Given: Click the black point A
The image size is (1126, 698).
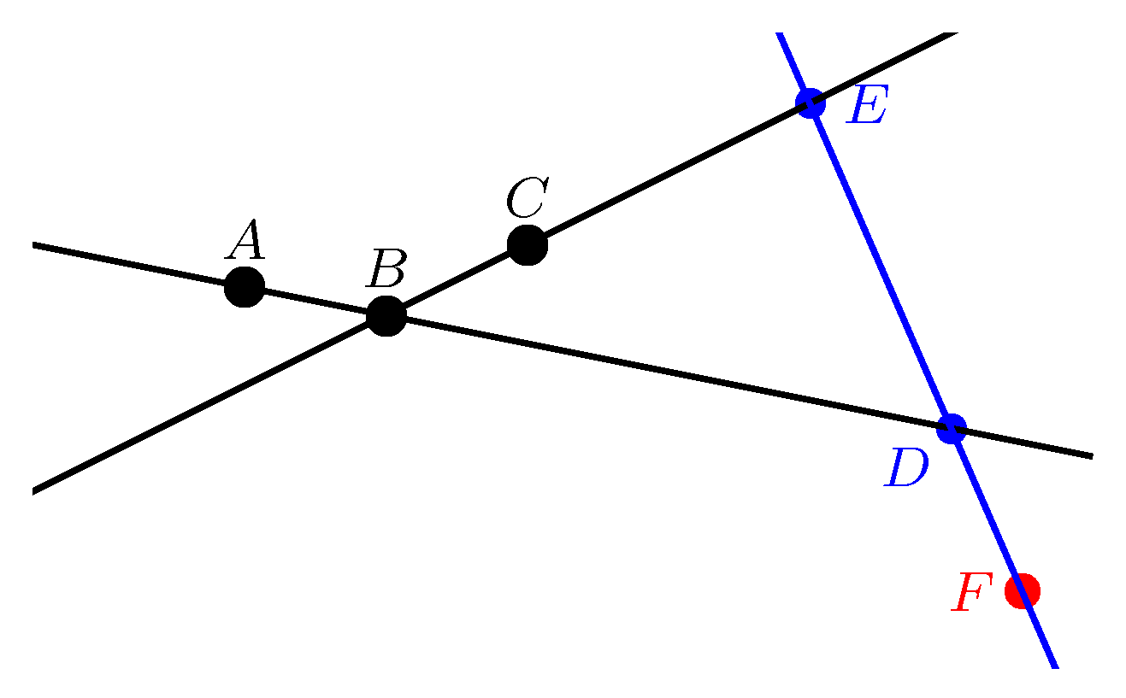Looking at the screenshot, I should pos(245,287).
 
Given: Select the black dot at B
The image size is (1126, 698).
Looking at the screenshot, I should pos(386,316).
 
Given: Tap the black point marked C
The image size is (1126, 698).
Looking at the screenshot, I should pos(527,246).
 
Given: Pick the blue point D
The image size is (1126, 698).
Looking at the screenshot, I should pos(951,427).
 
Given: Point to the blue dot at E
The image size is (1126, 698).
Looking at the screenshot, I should pos(810,103).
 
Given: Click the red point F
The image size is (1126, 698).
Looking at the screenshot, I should pos(1022,590).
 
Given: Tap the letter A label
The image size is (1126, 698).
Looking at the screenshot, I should pos(245,240).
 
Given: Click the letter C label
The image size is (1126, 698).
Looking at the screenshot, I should pos(527,199).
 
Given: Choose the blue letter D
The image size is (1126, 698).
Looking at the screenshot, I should pos(907,469).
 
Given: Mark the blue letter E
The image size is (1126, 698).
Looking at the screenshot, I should pos(867,108).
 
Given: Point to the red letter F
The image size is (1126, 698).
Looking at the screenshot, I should pos(972,593).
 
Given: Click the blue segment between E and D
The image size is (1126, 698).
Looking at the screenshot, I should pos(881,266).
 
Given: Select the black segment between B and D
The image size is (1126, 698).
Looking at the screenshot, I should pos(667,372).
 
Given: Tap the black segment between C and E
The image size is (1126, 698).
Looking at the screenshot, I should pos(667,175).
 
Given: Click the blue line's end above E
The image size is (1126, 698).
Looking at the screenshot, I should pos(780,34).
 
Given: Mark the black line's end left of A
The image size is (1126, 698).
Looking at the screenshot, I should pos(34,245).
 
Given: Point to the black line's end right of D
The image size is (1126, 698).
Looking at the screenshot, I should pos(1091,456).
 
